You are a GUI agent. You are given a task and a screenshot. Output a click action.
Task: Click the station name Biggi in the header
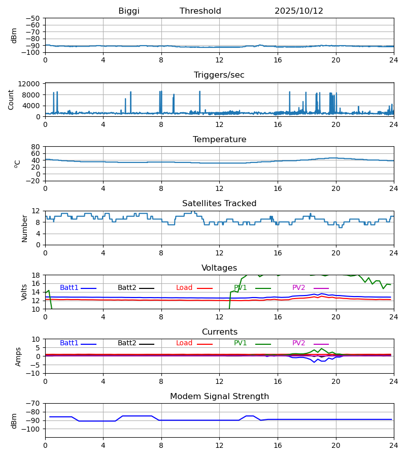[x=129, y=11]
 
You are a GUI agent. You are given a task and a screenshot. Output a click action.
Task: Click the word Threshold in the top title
[x=200, y=11]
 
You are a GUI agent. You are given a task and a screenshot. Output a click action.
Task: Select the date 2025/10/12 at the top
[x=299, y=11]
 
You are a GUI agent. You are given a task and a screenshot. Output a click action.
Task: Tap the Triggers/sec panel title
[x=219, y=75]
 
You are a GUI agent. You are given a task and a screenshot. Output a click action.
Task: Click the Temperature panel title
[x=219, y=140]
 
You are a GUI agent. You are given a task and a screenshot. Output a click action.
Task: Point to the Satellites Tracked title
[x=219, y=204]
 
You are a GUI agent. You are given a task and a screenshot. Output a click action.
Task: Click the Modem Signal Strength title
[x=219, y=397]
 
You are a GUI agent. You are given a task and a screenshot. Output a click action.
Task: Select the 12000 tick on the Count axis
[x=32, y=84]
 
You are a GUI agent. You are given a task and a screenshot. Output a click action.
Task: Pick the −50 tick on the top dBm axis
[x=33, y=18]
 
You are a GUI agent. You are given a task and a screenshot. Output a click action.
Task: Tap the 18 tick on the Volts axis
[x=36, y=275]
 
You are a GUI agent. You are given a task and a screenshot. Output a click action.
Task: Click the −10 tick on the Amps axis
[x=33, y=373]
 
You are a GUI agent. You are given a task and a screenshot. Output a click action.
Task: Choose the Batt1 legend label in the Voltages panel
[x=69, y=288]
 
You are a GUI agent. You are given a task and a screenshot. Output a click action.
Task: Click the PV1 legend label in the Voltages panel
[x=241, y=288]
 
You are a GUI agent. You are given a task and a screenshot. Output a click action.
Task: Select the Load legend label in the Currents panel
[x=184, y=343]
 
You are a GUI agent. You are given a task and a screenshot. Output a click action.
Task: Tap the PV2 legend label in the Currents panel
[x=299, y=343]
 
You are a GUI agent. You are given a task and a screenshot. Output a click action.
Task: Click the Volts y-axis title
[x=24, y=292]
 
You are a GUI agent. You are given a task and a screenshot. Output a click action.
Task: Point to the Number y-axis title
[x=24, y=228]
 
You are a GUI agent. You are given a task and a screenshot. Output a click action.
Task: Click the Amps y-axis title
[x=19, y=356]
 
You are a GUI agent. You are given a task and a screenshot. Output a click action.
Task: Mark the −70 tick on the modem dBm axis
[x=33, y=403]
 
